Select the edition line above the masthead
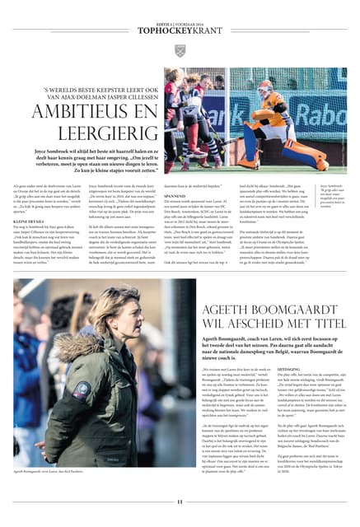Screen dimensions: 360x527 (x=180, y=7)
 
